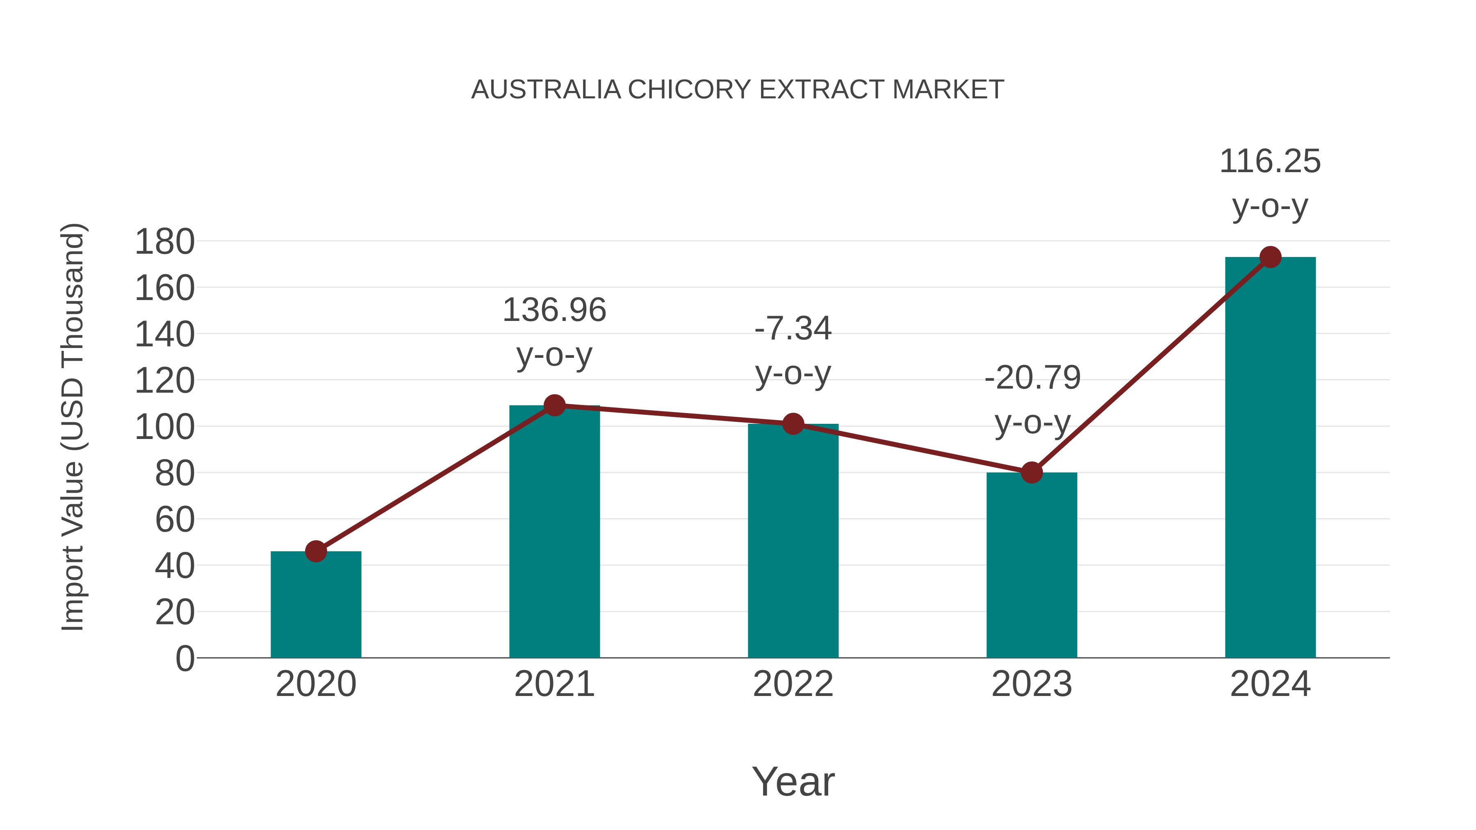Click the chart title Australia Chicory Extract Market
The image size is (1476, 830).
(738, 90)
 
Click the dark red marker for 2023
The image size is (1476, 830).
(1032, 473)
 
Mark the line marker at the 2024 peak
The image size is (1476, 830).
(1270, 257)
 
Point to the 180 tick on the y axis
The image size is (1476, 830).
(164, 242)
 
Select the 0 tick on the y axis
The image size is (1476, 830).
(184, 658)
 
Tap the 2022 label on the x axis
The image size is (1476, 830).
(793, 684)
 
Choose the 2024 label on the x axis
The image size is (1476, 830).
(1270, 684)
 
